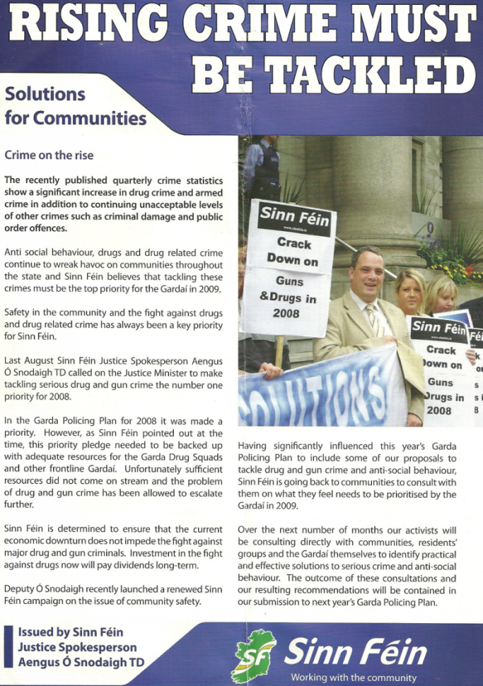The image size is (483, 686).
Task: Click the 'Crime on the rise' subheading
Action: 49,155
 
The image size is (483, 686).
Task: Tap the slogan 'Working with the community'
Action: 353,678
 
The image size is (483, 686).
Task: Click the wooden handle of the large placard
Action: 279,351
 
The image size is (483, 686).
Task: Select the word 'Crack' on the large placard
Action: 294,242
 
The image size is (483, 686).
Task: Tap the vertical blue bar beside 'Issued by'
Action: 8,647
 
